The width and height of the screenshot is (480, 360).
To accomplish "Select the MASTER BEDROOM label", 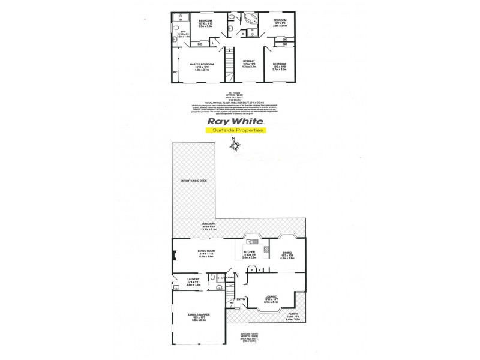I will click(202, 64).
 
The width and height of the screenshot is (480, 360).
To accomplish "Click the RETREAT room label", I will click(248, 61).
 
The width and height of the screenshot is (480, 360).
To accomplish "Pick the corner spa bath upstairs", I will click(250, 19).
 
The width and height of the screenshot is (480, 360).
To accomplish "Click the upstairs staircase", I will click(228, 64).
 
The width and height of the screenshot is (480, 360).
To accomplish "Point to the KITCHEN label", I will click(250, 252).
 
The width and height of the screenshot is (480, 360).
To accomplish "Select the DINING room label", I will click(287, 253).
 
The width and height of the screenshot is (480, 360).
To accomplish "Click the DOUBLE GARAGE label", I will click(197, 319).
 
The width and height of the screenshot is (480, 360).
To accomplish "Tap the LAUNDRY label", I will click(193, 278).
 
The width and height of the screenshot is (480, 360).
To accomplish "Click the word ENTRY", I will click(241, 299).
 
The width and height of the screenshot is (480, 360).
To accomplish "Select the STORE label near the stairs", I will click(230, 277).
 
